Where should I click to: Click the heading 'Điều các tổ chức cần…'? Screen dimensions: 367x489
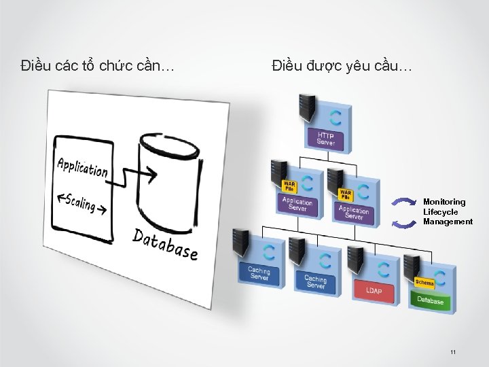[98, 66]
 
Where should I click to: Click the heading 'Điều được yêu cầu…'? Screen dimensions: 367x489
[341, 66]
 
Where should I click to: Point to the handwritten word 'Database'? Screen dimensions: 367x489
[165, 244]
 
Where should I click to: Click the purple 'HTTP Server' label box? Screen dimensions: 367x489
[326, 139]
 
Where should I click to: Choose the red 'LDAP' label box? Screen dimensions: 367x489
[374, 290]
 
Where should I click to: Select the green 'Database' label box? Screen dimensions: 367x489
[430, 300]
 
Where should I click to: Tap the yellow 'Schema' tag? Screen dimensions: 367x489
[424, 282]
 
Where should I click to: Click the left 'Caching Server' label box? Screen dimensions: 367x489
[259, 274]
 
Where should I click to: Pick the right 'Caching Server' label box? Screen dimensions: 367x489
[316, 281]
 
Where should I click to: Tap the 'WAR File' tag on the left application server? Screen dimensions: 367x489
[289, 186]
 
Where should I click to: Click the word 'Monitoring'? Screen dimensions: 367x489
[444, 202]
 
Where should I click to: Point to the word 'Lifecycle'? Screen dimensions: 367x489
[440, 212]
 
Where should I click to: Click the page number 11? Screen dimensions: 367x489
[453, 352]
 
